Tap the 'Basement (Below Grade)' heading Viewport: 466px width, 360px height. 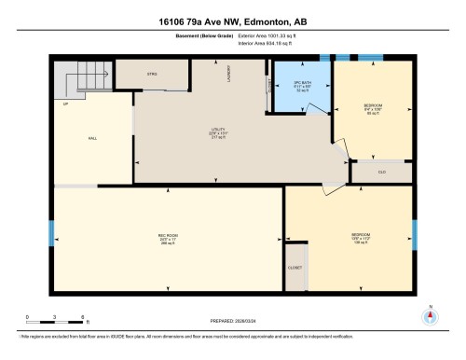click(205, 37)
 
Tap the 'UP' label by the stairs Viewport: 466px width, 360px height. click(65, 104)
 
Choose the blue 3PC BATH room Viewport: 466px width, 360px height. click(300, 88)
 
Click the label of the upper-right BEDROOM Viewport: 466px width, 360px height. click(373, 105)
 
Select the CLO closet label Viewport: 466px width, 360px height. click(381, 172)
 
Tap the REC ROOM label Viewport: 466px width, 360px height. click(168, 234)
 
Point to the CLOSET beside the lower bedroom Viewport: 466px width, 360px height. click(295, 265)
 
